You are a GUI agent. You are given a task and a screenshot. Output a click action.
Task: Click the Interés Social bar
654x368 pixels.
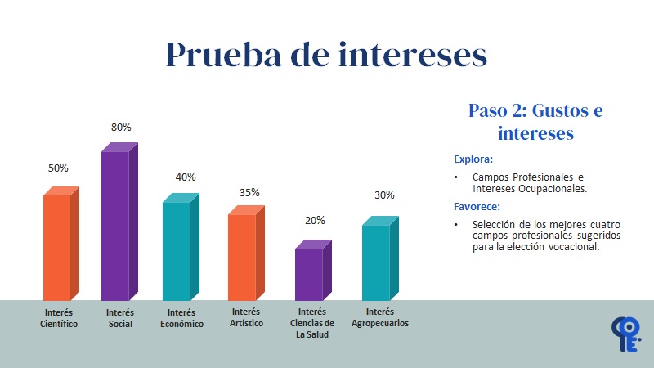[x=115, y=225]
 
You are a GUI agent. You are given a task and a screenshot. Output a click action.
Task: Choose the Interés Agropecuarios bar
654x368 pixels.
[x=376, y=262]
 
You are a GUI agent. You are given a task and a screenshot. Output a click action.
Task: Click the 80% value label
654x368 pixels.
[x=121, y=128]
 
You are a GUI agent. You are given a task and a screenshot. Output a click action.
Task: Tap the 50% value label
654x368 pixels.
[x=58, y=168]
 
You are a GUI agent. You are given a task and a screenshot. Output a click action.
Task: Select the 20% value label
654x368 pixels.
[x=315, y=220]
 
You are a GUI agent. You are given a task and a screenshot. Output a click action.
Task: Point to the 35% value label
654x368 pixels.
[x=249, y=193]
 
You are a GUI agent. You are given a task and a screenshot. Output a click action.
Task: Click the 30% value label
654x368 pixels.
[x=384, y=195]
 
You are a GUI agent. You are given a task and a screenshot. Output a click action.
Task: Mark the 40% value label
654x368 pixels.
[x=186, y=177]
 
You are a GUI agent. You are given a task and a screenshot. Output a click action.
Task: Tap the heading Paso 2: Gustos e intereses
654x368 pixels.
[x=535, y=121]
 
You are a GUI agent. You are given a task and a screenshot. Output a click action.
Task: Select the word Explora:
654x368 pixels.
[x=473, y=159]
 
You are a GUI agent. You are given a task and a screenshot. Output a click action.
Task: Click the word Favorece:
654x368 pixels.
[x=478, y=207]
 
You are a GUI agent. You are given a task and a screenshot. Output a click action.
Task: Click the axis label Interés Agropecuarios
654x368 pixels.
[x=379, y=317]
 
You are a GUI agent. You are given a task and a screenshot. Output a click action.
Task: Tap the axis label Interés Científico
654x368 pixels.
[x=59, y=318]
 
